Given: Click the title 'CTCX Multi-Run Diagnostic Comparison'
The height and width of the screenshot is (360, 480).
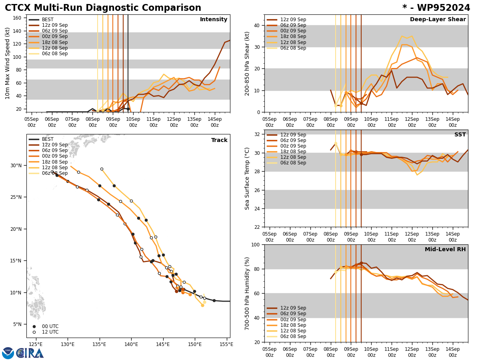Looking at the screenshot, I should pos(103,8).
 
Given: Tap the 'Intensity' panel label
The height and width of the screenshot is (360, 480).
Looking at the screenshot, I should pos(214,20).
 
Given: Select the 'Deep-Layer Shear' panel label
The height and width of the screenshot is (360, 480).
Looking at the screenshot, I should pos(438,20).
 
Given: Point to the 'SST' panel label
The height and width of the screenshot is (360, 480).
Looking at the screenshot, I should pos(460,135).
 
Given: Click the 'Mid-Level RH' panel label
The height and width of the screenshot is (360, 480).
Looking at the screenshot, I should pos(445,250).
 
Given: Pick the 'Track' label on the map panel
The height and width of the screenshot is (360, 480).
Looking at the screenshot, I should pos(219,140).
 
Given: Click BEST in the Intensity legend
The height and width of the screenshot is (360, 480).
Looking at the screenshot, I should pos(48,20).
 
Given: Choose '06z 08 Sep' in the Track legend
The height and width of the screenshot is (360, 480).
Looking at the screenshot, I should pos(55,173).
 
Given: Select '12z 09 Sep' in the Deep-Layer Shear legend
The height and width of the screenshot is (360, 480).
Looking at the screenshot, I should pos(293,20).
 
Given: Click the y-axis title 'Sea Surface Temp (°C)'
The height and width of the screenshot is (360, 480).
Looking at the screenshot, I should pos(248,178).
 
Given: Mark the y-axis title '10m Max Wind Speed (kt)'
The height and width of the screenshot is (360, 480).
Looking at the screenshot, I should pos(8,63).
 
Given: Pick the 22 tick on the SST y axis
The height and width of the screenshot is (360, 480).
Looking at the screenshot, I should pos(256,227).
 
